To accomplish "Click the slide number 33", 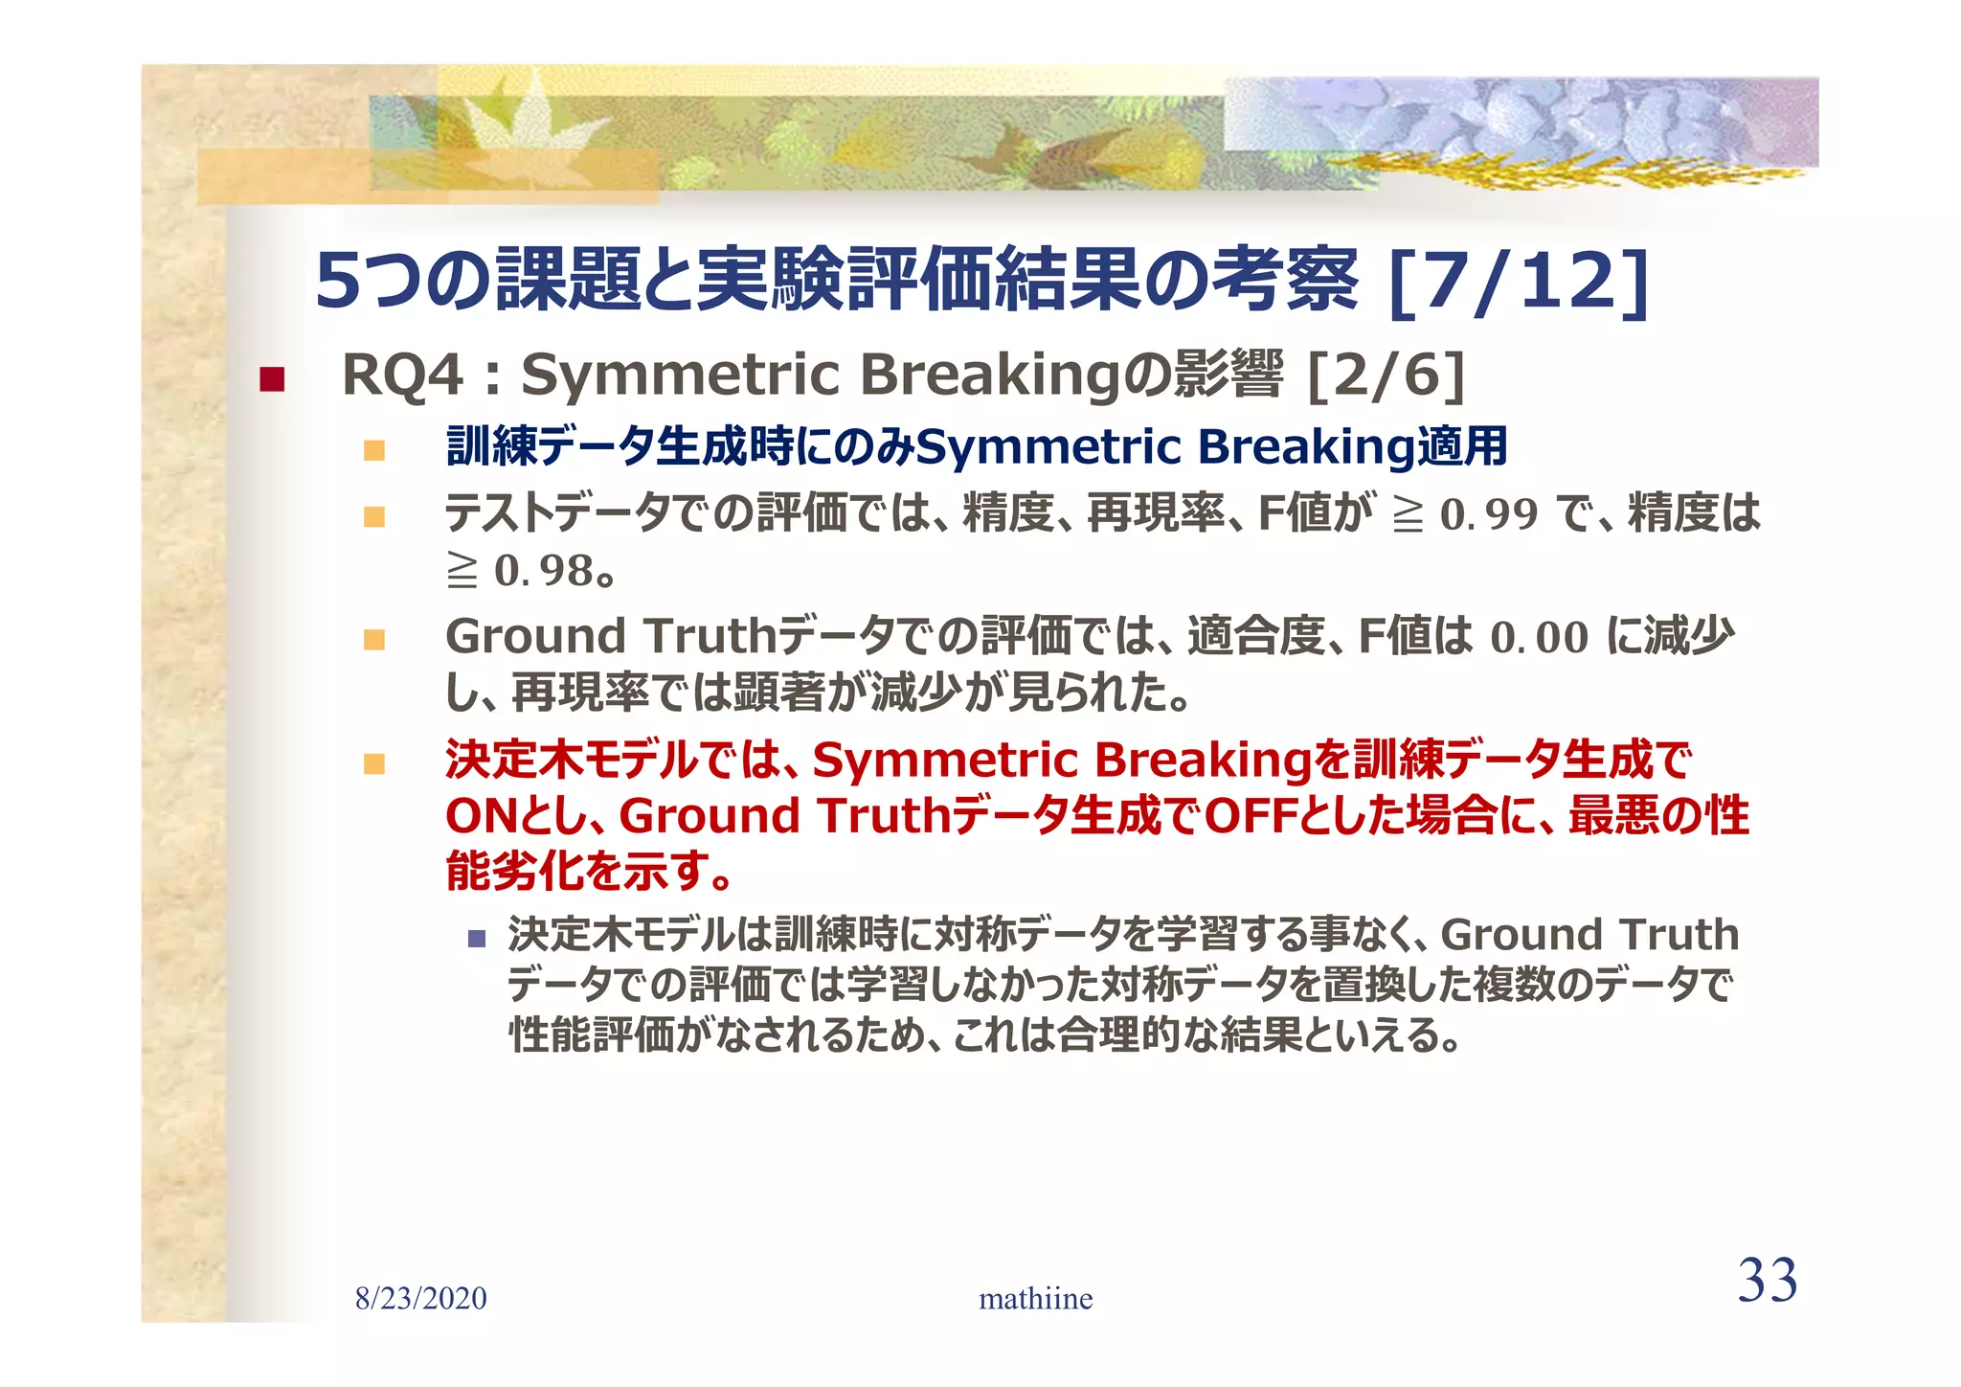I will pos(1767,1281).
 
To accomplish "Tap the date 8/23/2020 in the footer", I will pos(420,1299).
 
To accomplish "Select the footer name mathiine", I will pos(1035,1299).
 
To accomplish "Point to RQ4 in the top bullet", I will pos(402,375).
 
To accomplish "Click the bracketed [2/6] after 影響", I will pos(1386,375).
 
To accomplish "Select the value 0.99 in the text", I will pos(1489,514).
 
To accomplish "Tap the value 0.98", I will pos(543,571).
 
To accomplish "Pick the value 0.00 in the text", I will pos(1539,638).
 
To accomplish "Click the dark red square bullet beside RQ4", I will pos(272,379).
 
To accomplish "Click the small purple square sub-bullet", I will pos(477,938).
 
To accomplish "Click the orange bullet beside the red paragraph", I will pos(374,763).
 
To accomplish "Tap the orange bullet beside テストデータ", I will pos(374,517).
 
